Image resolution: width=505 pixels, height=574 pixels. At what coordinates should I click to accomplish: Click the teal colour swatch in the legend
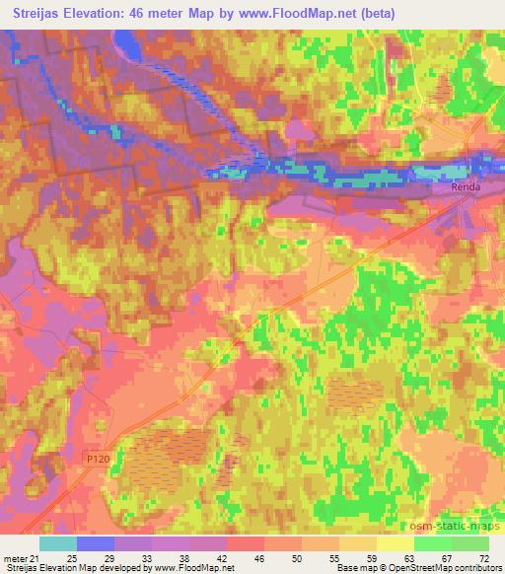(58, 543)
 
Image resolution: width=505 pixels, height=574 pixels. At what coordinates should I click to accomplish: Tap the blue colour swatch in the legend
(96, 543)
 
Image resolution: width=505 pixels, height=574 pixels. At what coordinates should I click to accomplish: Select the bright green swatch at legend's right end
(470, 543)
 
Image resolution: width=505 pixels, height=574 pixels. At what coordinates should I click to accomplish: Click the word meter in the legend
(16, 558)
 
